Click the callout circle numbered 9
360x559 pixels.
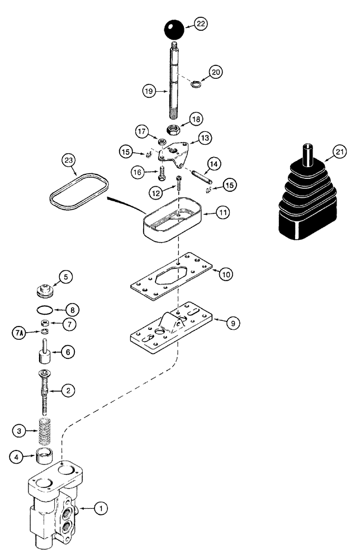234,322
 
